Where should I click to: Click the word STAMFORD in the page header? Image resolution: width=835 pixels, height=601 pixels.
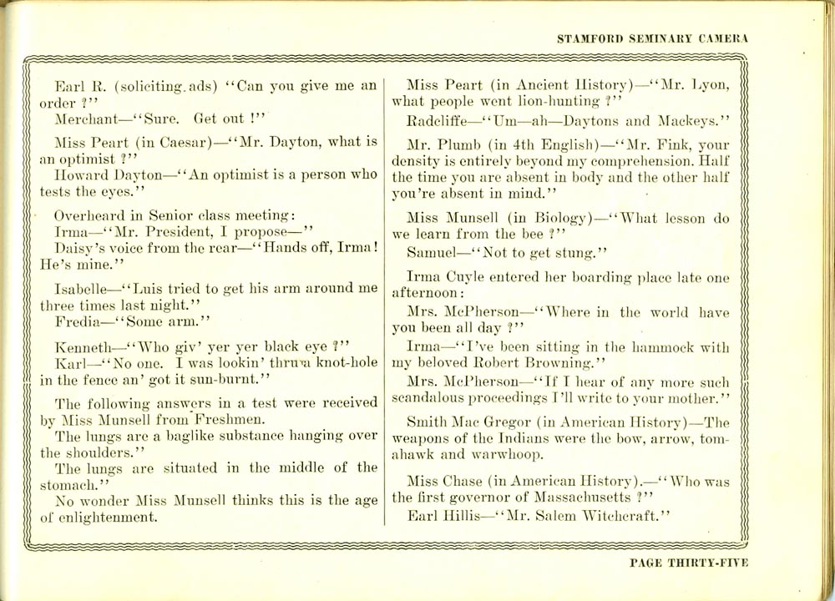pyautogui.click(x=590, y=38)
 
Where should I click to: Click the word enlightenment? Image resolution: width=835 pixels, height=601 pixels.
pyautogui.click(x=107, y=518)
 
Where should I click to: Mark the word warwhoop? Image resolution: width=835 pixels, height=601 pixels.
pyautogui.click(x=510, y=456)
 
